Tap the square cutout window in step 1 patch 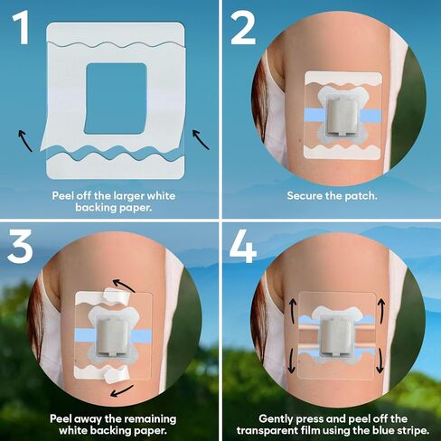pyautogui.click(x=113, y=91)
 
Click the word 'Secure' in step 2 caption pyautogui.click(x=305, y=195)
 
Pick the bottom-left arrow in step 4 pyautogui.click(x=291, y=359)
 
